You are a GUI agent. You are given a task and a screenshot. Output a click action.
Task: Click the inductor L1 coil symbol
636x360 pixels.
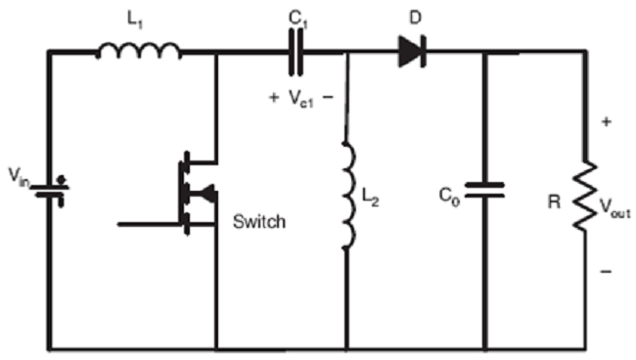(138, 51)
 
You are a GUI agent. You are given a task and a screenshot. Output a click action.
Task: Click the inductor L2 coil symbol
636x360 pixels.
(346, 196)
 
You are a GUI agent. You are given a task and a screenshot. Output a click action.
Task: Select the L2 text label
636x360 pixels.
(369, 200)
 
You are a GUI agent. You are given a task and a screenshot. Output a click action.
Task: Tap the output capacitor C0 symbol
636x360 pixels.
(483, 191)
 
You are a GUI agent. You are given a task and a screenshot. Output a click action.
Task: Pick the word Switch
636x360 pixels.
(258, 222)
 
